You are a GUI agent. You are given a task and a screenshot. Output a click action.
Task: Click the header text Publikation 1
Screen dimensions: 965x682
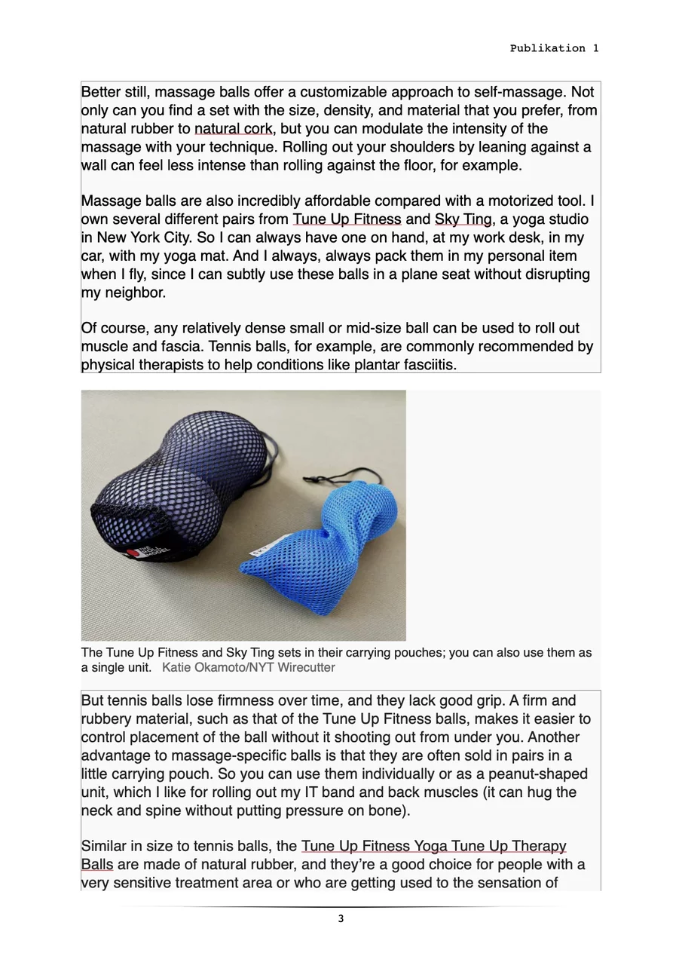[554, 48]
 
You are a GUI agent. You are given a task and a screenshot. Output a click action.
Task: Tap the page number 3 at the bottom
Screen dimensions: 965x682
[341, 918]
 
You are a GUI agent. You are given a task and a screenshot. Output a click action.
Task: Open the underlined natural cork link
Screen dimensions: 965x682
[234, 129]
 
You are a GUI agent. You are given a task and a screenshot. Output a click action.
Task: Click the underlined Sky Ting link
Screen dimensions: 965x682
[463, 219]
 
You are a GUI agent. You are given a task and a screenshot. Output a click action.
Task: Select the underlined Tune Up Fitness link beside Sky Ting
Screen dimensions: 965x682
[347, 219]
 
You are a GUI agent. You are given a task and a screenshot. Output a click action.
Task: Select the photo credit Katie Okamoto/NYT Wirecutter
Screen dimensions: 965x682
[249, 668]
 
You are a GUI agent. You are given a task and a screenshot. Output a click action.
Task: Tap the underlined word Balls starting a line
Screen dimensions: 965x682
[96, 865]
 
